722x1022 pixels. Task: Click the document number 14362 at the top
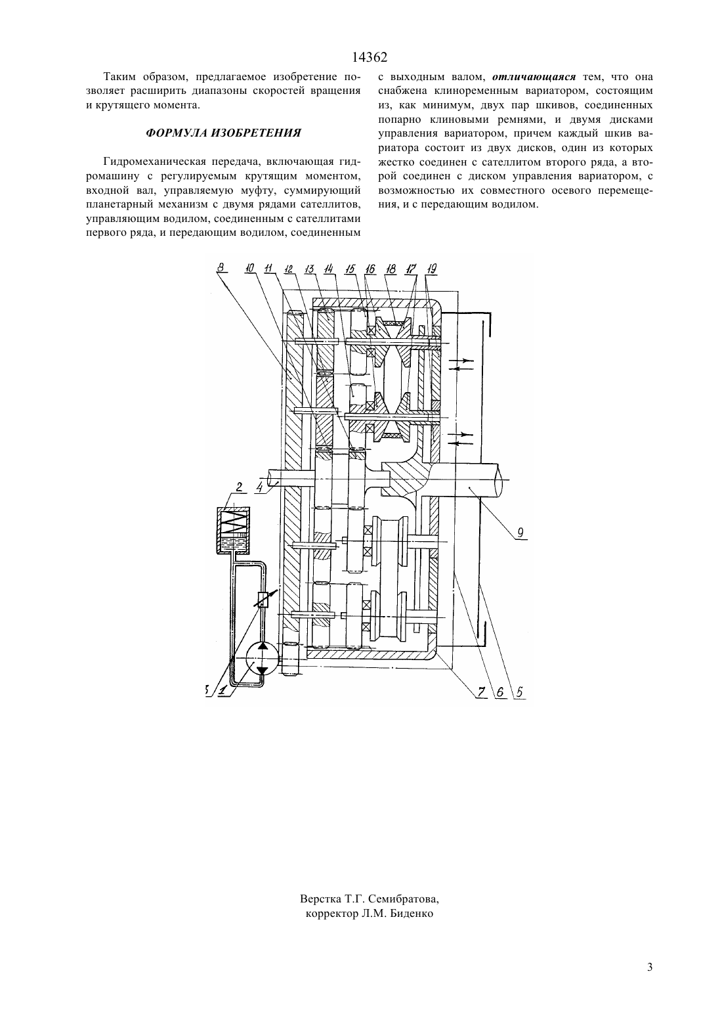pos(370,58)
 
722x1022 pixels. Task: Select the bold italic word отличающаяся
pos(535,77)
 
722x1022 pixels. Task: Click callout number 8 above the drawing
pos(220,268)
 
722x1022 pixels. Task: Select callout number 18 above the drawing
pos(391,269)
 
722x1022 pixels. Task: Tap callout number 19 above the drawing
pos(431,269)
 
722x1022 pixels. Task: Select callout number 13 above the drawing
pos(310,269)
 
